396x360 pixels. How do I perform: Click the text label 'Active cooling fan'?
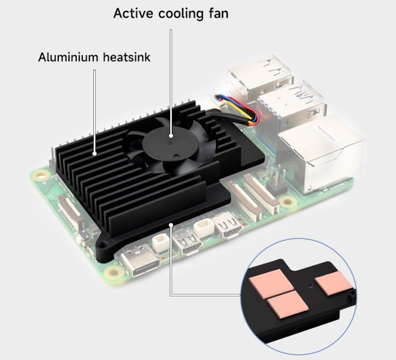coord(171,13)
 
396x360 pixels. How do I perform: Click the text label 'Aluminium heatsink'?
coord(94,57)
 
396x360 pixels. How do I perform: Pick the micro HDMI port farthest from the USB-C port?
coord(229,225)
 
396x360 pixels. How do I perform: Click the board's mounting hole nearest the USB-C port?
coord(115,273)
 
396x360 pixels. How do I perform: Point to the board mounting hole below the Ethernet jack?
coord(289,201)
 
